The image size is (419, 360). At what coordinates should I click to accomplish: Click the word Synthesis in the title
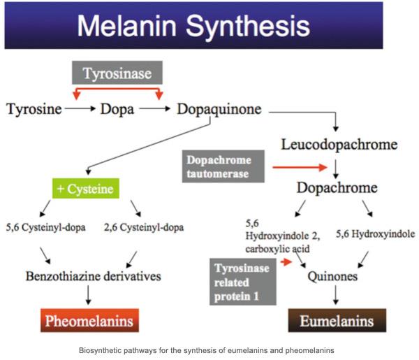click(x=248, y=26)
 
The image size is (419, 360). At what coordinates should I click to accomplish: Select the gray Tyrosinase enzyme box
click(x=117, y=73)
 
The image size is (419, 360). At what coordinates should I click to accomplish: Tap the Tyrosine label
click(x=34, y=109)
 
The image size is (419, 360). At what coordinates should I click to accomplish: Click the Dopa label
click(x=117, y=109)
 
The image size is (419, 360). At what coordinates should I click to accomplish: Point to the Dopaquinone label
click(x=219, y=109)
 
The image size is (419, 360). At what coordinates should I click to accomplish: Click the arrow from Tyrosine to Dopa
click(x=80, y=108)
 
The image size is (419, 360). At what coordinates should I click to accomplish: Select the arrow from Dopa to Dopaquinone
click(x=155, y=108)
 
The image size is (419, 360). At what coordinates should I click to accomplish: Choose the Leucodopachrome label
click(x=339, y=145)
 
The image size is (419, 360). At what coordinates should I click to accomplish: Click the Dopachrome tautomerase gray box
click(x=223, y=166)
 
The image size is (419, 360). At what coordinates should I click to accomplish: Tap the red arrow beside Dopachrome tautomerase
click(x=300, y=168)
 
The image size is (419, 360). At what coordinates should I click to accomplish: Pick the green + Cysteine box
click(x=86, y=189)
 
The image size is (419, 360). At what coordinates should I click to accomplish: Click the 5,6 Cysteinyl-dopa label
click(x=45, y=227)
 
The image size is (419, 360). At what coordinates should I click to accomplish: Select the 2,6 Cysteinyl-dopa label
click(x=144, y=227)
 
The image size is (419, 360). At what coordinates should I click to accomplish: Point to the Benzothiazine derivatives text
click(x=94, y=276)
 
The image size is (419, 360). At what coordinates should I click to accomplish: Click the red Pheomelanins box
click(x=89, y=320)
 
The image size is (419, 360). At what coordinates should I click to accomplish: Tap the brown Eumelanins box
click(x=337, y=320)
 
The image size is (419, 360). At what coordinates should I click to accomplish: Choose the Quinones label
click(x=332, y=276)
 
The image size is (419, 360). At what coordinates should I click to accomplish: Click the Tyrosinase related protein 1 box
click(x=243, y=282)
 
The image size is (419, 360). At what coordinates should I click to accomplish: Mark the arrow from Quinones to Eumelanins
click(x=336, y=295)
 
